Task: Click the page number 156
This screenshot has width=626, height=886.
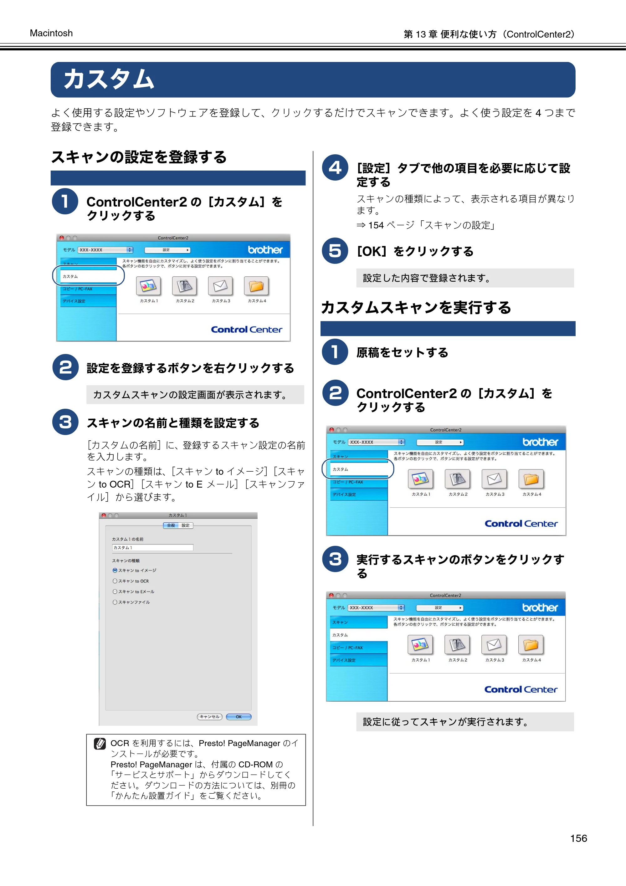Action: click(x=578, y=838)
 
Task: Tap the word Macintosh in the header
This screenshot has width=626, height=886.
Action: click(x=51, y=33)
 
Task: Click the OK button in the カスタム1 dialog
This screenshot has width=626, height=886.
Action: click(x=239, y=717)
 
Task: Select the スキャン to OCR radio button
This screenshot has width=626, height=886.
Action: click(x=115, y=581)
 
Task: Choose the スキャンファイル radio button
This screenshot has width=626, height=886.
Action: click(x=115, y=602)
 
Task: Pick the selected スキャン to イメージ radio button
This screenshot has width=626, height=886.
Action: click(x=115, y=570)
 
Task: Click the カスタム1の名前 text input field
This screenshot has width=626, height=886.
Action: click(x=152, y=548)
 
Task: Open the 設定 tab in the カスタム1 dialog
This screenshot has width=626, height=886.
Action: click(x=186, y=525)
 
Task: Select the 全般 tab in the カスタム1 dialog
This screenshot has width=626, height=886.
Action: click(x=171, y=525)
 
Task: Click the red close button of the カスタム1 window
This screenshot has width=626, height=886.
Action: click(x=103, y=515)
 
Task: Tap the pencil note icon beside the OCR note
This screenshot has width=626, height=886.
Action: click(x=100, y=743)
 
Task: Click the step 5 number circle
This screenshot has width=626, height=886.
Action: click(x=335, y=251)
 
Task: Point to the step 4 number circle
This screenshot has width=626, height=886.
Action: click(x=335, y=167)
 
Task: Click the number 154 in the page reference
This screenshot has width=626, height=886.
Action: click(x=376, y=225)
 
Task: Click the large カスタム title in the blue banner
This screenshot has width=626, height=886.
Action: click(x=109, y=79)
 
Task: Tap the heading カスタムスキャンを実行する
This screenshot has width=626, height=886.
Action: click(x=416, y=308)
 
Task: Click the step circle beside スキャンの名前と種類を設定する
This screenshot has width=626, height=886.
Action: click(x=65, y=422)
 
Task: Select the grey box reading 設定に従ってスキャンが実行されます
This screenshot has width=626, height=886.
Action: click(x=465, y=722)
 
